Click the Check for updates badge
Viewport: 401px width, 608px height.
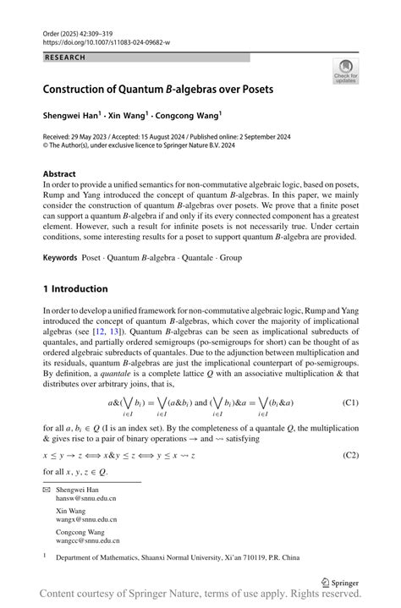345,72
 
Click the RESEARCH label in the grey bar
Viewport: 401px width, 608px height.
67,58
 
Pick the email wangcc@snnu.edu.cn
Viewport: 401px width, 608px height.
88,540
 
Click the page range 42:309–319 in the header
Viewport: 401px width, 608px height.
98,32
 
